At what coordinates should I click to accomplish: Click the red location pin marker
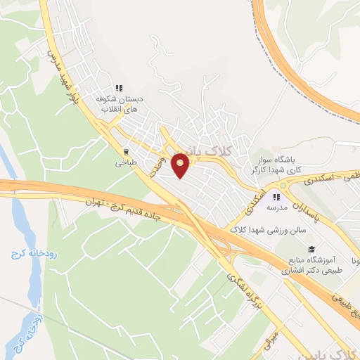tap(181, 165)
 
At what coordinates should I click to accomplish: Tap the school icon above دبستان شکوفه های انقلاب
tap(120, 89)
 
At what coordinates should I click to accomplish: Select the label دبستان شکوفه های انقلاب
tap(124, 105)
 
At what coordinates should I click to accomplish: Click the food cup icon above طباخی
tap(127, 150)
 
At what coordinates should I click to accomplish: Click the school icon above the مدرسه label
tap(276, 198)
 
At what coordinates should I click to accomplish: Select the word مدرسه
tap(277, 209)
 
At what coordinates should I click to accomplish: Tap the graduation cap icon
tap(310, 248)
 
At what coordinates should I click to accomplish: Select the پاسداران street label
tap(307, 209)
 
